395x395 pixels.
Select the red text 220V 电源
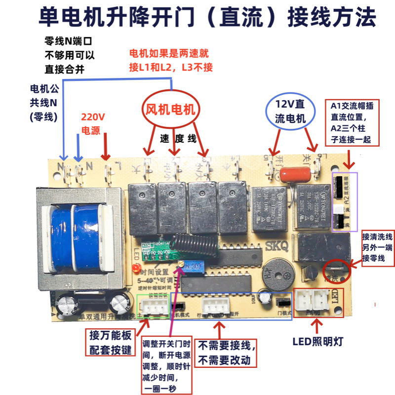(x=94, y=123)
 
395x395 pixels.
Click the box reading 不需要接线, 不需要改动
(x=228, y=353)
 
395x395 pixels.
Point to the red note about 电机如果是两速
(x=171, y=61)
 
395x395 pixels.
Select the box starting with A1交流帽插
(x=351, y=123)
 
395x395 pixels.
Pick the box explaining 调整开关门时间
(x=166, y=366)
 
